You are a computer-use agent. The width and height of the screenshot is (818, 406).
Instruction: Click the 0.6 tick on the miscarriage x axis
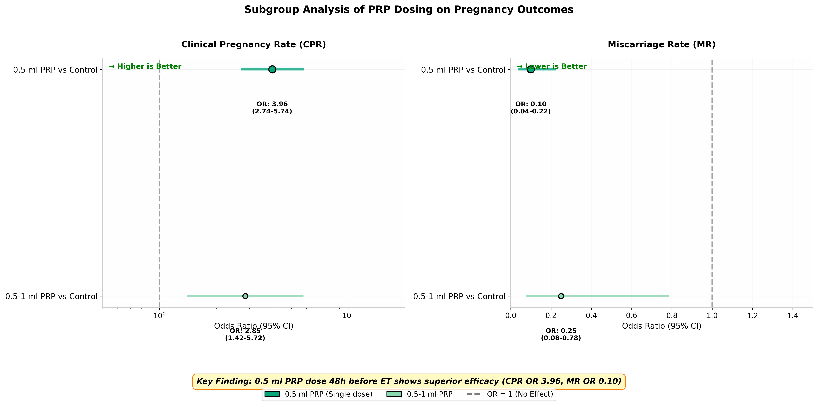[632, 316]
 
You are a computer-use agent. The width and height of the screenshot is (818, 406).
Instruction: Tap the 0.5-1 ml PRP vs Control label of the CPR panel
[51, 297]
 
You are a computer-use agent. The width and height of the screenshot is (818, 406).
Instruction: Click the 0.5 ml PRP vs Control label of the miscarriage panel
[463, 70]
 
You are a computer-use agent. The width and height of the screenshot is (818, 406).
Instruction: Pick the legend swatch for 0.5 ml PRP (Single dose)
[272, 394]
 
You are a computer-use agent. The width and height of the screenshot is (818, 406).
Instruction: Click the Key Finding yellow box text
[409, 381]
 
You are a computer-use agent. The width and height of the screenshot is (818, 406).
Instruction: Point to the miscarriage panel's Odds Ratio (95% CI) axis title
[662, 326]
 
